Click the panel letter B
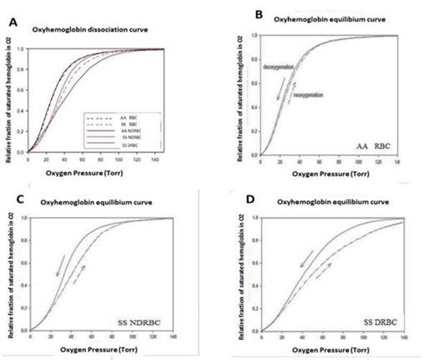(x=235, y=13)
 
